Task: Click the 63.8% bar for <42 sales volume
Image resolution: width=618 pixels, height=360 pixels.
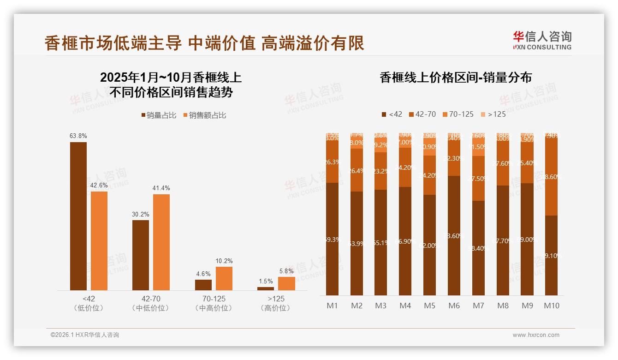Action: click(78, 216)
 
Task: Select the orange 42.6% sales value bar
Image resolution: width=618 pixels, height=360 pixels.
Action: click(99, 240)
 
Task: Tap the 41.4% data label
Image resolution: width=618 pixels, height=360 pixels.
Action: click(161, 188)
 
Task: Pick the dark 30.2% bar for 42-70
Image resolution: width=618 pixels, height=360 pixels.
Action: click(141, 255)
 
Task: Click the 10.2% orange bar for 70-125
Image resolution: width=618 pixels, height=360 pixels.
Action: click(224, 278)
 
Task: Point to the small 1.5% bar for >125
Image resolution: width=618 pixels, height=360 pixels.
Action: click(266, 288)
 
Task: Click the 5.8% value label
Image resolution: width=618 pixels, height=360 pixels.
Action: click(286, 271)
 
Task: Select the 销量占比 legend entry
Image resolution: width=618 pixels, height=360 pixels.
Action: click(159, 115)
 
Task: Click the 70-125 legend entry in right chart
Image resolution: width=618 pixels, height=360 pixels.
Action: click(458, 114)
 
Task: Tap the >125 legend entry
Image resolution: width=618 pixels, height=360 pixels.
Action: click(493, 114)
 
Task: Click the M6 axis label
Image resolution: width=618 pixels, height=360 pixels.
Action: click(454, 306)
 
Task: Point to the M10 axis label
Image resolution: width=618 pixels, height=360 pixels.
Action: click(551, 306)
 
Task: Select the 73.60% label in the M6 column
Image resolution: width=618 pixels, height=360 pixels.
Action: click(454, 235)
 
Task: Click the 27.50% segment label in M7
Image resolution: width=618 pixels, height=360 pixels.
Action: click(479, 179)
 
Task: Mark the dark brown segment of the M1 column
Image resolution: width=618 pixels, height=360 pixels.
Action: click(332, 239)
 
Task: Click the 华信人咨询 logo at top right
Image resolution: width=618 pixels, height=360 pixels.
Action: click(542, 40)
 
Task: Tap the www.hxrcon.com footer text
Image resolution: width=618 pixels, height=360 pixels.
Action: click(536, 335)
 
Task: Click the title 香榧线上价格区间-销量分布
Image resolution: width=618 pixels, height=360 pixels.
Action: click(456, 78)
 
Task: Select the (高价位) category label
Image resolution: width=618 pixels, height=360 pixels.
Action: click(276, 308)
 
